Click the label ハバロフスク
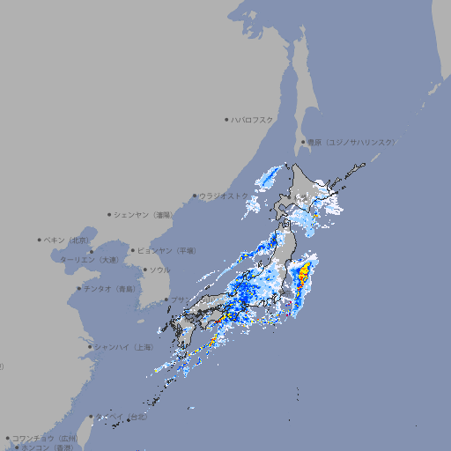[253, 119]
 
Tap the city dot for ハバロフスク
[226, 119]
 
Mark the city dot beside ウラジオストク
[195, 196]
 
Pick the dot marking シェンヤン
[110, 214]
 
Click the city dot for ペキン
[40, 240]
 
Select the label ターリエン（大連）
[89, 260]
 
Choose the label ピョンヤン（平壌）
[166, 250]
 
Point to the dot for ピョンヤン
[133, 250]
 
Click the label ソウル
[159, 270]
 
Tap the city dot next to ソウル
[144, 270]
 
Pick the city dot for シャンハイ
[90, 346]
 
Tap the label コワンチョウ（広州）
[45, 438]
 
